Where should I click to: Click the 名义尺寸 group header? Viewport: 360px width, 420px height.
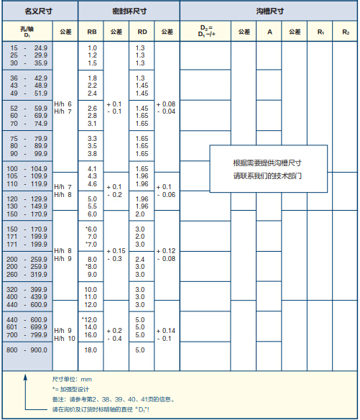coord(39,12)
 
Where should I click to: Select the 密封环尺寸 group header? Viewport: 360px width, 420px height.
coord(129,12)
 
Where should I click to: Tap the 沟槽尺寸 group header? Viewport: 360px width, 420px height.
coord(269,12)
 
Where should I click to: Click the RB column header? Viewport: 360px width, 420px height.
coord(92,32)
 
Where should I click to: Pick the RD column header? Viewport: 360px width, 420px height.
coord(142,32)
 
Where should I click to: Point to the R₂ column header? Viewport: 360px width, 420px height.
coord(346,32)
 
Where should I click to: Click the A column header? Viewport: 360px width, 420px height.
coord(269,32)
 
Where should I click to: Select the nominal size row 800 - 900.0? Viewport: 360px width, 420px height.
coord(27,350)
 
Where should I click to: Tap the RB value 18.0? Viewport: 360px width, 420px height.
coord(91,350)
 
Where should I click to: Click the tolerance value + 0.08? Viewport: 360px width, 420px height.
coord(166,104)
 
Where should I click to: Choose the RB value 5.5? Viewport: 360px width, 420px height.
coord(92,206)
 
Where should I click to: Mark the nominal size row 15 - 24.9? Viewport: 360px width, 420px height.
coord(29,48)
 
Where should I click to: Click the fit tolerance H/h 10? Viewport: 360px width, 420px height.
coord(65,339)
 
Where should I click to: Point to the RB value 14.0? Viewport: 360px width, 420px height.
coord(91,327)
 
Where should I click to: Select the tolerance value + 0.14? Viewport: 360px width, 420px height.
coord(166,331)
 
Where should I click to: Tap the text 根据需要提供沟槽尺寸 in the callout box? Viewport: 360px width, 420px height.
coord(267,163)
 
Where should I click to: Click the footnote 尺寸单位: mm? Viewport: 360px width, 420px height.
coord(72,379)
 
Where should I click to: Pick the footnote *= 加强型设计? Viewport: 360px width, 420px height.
coord(70,389)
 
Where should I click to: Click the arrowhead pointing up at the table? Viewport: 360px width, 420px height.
coord(25,377)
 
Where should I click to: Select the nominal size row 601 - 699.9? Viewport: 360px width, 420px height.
coord(27,327)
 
